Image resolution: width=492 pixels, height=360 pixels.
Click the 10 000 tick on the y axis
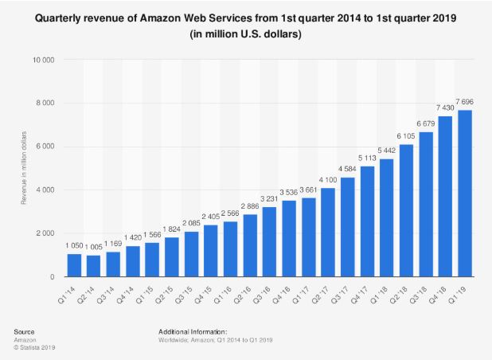tap(43, 60)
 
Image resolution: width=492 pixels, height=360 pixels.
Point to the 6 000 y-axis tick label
tap(45, 147)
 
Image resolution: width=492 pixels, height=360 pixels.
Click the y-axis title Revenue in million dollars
tap(24, 169)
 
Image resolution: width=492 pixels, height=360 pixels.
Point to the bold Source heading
tap(25, 330)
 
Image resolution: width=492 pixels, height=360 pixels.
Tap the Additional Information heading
tap(193, 330)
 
